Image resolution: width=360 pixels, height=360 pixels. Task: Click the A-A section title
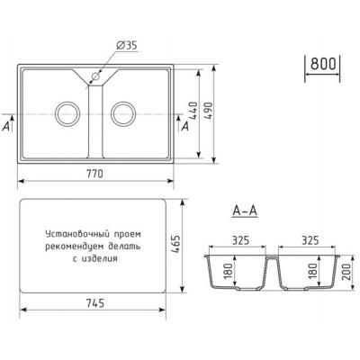click(x=246, y=212)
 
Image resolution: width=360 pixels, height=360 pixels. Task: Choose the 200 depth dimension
click(x=346, y=275)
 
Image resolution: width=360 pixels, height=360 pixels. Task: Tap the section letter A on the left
click(x=7, y=127)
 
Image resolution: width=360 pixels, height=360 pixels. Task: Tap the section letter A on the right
click(x=184, y=127)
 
